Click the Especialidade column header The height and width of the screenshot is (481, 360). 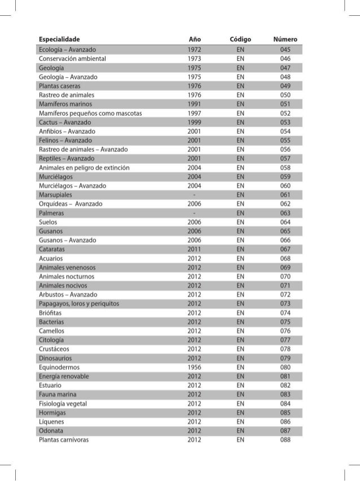59,40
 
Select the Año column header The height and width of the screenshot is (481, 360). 195,40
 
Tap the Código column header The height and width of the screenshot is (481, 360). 240,40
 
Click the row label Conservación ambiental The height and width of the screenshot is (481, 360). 72,58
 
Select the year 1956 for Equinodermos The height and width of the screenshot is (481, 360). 195,367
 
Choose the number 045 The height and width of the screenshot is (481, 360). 284,49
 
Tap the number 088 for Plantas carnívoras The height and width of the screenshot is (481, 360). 284,439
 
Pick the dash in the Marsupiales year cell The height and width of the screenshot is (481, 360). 195,194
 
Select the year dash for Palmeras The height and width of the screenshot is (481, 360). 195,213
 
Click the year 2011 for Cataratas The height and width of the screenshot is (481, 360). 195,249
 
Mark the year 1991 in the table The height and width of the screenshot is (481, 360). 195,104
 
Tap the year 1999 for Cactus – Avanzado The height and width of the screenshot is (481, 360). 195,122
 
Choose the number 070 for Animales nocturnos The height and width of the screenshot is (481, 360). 284,276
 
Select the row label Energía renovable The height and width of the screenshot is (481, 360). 64,376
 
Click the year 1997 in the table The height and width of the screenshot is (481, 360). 195,113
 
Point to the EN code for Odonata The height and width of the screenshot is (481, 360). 240,430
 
